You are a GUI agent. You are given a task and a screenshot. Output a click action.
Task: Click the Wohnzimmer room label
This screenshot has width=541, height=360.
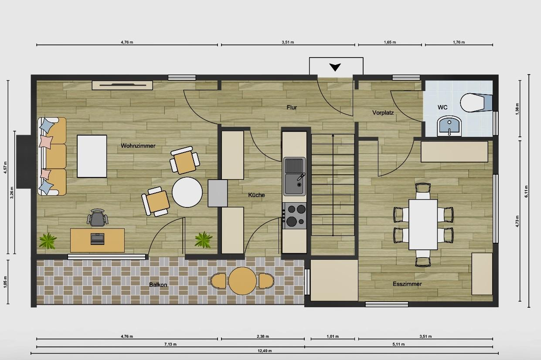[x=138, y=146]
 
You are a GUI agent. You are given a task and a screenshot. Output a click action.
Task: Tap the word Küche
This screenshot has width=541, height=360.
[x=256, y=195]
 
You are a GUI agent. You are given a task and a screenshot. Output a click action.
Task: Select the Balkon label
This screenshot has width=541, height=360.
[x=158, y=285]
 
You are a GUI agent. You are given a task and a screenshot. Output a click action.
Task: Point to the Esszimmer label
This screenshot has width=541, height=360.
[x=407, y=284]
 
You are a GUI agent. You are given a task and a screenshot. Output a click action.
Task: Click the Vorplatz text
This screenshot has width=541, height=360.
[x=383, y=112]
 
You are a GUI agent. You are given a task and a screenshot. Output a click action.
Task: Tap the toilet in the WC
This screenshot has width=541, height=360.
[x=476, y=102]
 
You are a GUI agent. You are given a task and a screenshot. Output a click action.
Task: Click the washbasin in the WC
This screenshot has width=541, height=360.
[x=449, y=126]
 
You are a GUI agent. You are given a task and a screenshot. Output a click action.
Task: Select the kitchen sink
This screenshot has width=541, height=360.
[x=294, y=176]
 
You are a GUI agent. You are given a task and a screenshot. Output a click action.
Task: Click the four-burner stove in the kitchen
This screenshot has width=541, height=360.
[x=294, y=216]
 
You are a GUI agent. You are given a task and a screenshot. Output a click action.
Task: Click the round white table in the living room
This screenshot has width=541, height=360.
[x=187, y=192]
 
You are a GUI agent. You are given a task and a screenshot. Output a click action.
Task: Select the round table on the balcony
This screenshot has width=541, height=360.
[x=242, y=281]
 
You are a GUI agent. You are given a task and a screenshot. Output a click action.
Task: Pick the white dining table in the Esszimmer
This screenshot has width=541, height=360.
[x=423, y=224]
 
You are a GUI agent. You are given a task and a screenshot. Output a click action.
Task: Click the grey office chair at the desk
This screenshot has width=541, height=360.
[x=97, y=218]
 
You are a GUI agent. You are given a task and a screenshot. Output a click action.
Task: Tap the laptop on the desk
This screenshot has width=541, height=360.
[x=97, y=239]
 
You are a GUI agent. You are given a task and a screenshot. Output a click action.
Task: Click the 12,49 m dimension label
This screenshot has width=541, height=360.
[x=265, y=351]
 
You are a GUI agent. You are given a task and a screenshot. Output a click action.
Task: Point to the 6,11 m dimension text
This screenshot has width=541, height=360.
[x=526, y=191]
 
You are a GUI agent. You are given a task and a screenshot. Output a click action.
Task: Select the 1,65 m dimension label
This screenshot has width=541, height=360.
[x=390, y=42]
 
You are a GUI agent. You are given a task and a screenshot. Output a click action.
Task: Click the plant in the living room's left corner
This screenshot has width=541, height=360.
[x=48, y=241]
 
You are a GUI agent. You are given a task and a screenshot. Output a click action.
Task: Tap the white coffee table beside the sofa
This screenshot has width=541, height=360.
[x=92, y=156]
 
